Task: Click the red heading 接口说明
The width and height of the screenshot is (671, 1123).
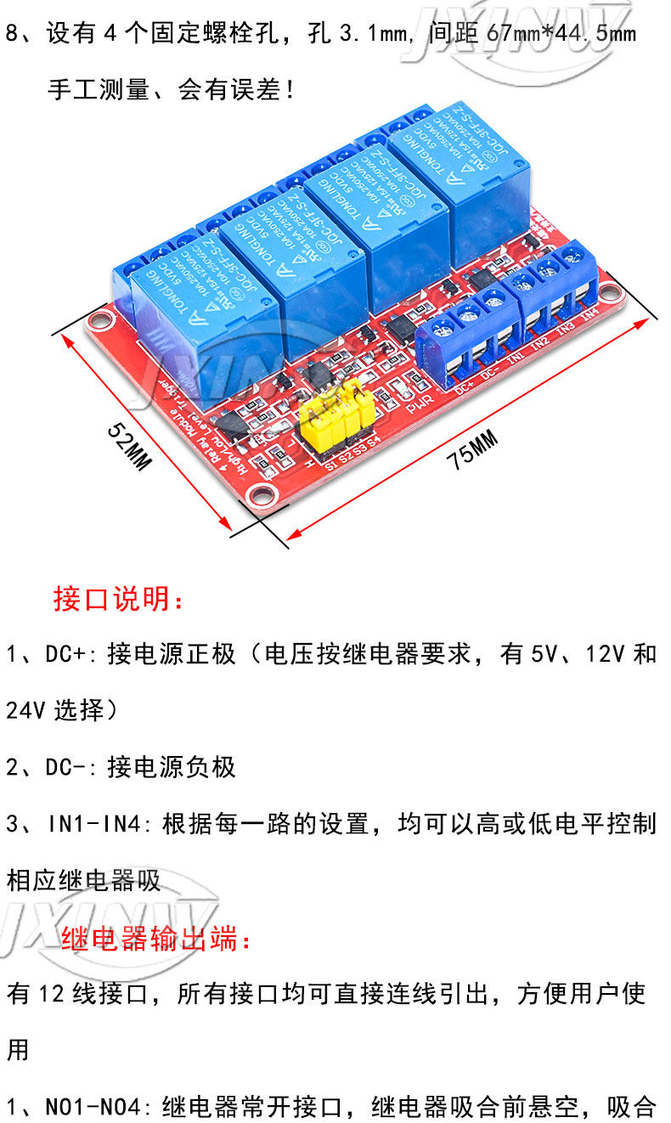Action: tap(117, 599)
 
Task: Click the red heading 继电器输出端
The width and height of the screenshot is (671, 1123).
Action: tap(156, 940)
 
